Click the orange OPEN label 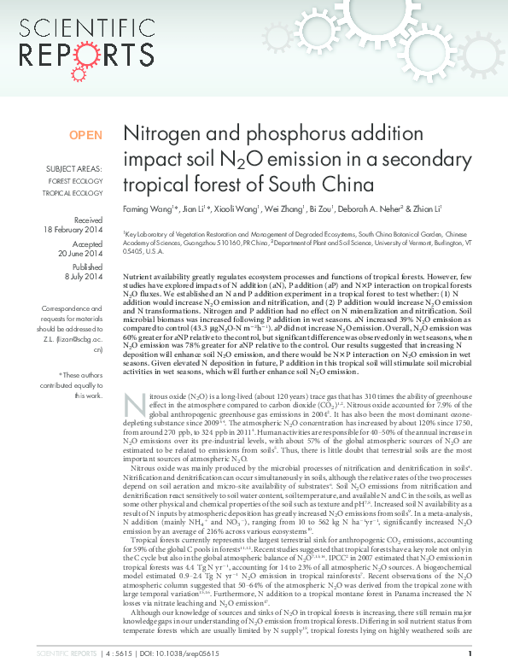tap(85, 135)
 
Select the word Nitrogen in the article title tap(161, 134)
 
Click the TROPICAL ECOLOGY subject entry tap(75, 193)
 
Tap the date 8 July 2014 tap(84, 277)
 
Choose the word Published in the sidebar tap(85, 266)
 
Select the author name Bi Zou tap(346, 211)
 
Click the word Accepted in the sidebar tap(85, 243)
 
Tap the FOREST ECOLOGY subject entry tap(75, 181)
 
